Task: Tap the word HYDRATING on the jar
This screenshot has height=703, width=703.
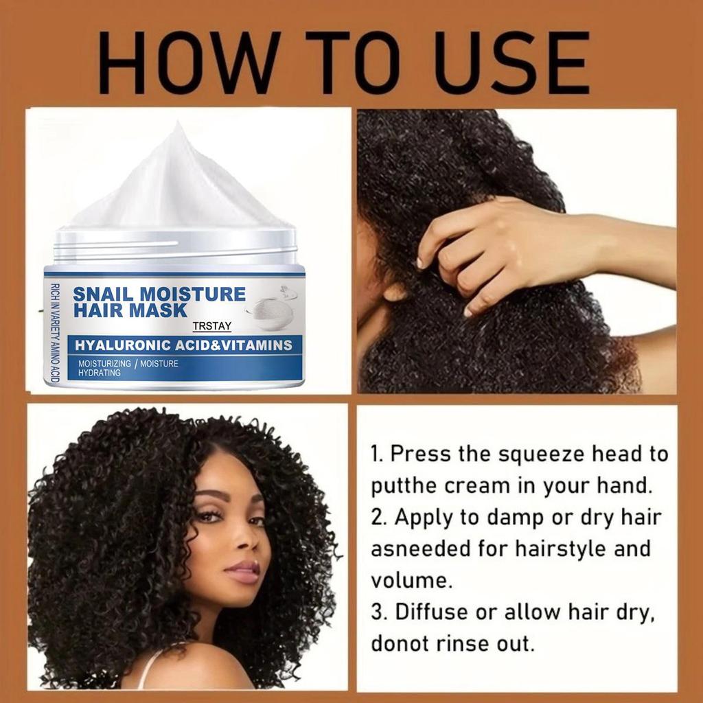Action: pyautogui.click(x=100, y=373)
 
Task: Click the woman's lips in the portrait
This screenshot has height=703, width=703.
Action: pyautogui.click(x=242, y=571)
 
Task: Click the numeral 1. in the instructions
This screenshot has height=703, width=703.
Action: pyautogui.click(x=378, y=454)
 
